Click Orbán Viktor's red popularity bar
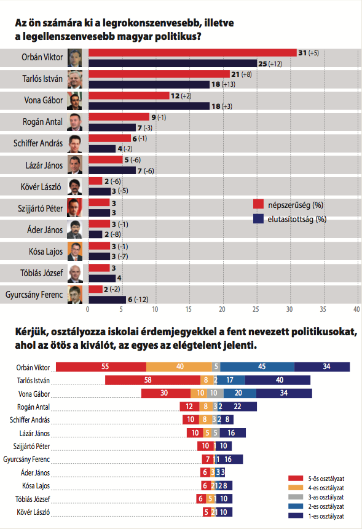tap(192, 54)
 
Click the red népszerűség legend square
tap(258, 204)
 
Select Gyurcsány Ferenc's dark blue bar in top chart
tap(107, 300)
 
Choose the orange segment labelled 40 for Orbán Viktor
tap(179, 367)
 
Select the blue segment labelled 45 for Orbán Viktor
tap(261, 367)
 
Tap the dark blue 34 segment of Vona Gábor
tap(283, 393)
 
